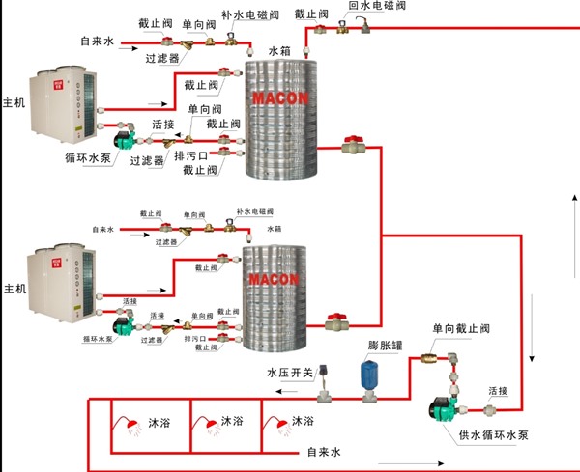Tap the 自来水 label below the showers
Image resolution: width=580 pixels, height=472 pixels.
[325, 451]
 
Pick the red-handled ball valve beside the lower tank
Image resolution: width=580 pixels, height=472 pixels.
[337, 319]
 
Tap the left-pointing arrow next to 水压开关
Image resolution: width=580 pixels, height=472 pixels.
[288, 392]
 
